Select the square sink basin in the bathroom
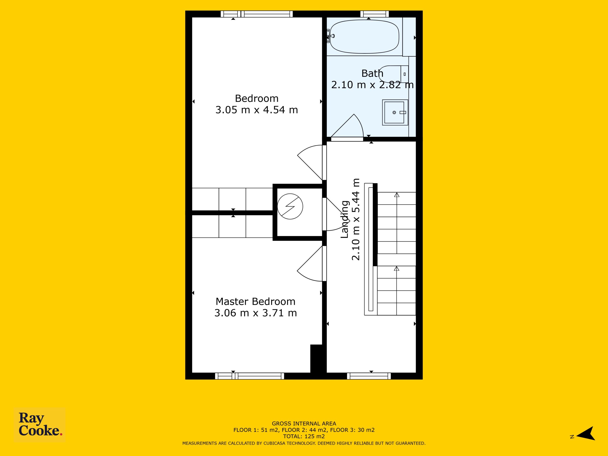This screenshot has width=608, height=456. (395, 112)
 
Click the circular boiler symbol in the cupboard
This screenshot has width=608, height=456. (290, 206)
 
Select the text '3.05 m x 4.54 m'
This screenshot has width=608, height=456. (256, 110)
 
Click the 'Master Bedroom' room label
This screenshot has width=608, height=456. (255, 302)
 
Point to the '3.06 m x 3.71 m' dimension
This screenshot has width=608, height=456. (255, 313)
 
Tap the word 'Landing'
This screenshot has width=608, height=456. (344, 219)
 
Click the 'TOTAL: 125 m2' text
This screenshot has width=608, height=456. (304, 436)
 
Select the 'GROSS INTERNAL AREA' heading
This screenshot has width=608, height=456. (304, 423)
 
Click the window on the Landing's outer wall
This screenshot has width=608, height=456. (369, 376)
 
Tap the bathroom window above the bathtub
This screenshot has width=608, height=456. (374, 14)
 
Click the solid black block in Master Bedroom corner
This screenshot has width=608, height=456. (316, 359)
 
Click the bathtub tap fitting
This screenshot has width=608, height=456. (330, 36)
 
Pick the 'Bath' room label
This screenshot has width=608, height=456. (372, 73)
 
